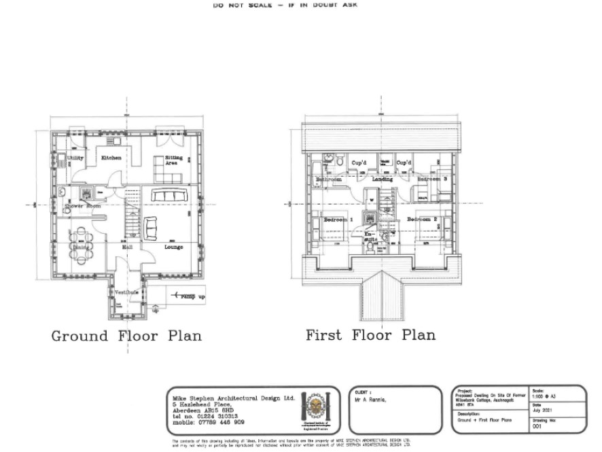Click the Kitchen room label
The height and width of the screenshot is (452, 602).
click(x=111, y=158)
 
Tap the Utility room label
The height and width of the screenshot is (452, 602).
click(x=75, y=158)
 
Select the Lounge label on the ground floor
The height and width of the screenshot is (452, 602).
click(x=174, y=247)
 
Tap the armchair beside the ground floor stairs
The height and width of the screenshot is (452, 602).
click(x=149, y=226)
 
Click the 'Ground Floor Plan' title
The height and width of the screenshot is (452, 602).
click(x=126, y=336)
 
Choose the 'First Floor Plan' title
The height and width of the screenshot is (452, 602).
click(x=370, y=335)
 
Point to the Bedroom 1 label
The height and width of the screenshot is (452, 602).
click(x=337, y=220)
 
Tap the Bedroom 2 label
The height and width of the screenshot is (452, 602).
click(x=422, y=220)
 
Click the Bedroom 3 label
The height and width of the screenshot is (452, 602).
click(x=432, y=179)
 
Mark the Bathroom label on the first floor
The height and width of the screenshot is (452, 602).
click(x=328, y=179)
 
